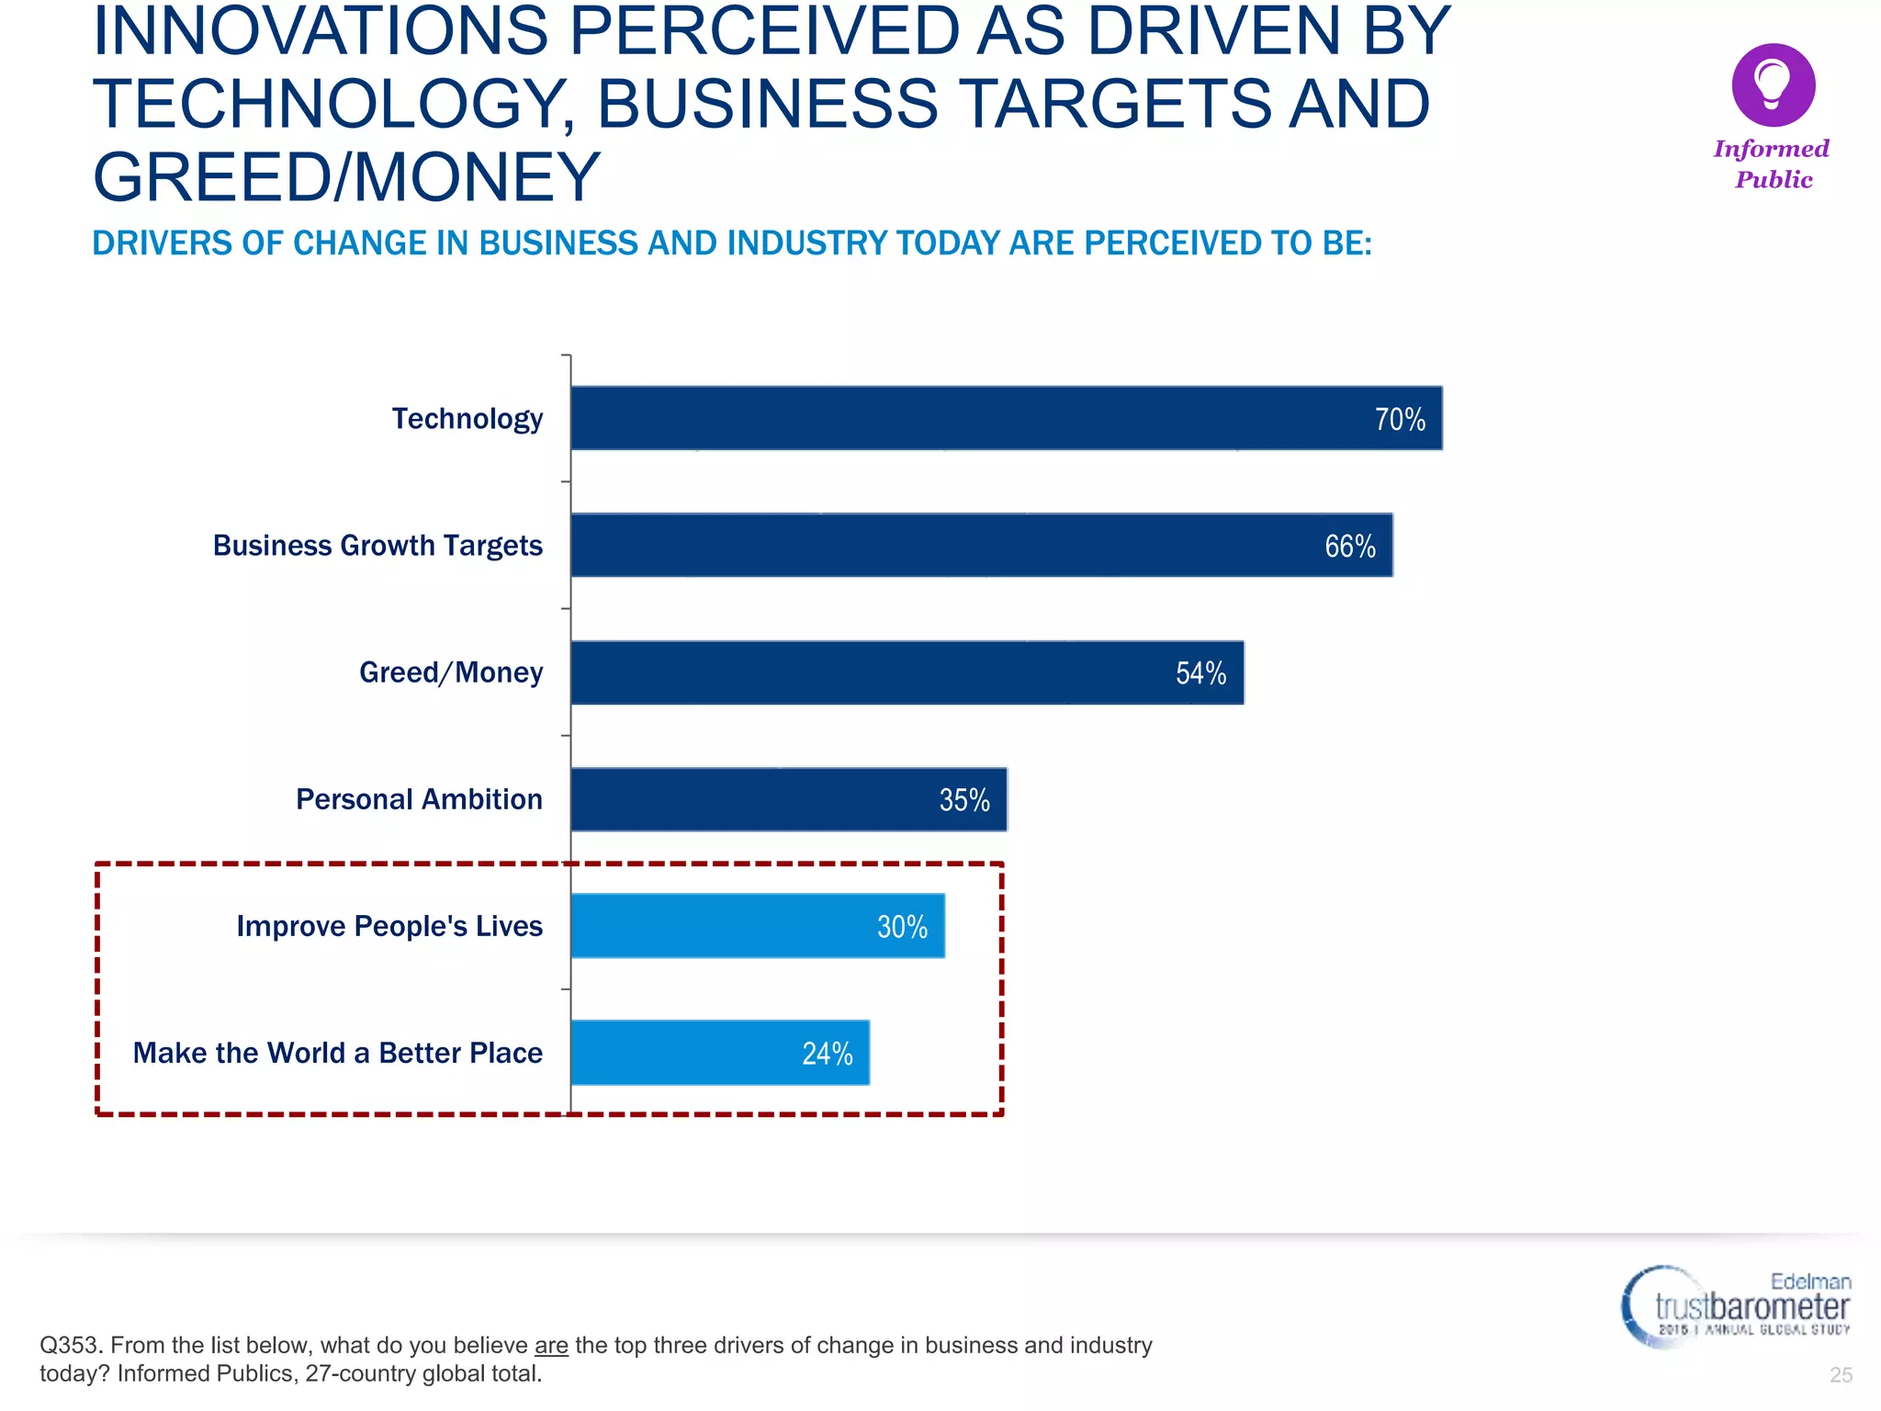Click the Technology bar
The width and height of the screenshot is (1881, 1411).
(1006, 418)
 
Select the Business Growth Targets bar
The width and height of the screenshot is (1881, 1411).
(981, 545)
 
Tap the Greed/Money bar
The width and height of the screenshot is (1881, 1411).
(907, 672)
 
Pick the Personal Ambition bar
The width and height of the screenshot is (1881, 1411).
(788, 799)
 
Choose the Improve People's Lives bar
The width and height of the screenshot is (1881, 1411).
(757, 926)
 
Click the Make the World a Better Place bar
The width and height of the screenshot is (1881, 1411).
(719, 1053)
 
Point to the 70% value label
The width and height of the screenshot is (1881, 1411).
(1400, 420)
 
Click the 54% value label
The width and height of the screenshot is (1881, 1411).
(1200, 673)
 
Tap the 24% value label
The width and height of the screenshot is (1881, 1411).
(827, 1054)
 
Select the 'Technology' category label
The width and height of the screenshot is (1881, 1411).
(467, 419)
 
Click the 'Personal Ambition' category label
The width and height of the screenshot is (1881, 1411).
(419, 799)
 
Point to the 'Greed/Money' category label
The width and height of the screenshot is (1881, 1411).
(451, 672)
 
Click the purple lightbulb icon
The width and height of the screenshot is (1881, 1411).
(1773, 85)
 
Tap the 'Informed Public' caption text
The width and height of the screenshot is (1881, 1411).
(1772, 164)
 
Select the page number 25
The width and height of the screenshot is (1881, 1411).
(1841, 1374)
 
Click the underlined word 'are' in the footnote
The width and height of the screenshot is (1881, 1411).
(551, 1345)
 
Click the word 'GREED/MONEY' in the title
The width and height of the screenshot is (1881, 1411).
(346, 176)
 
